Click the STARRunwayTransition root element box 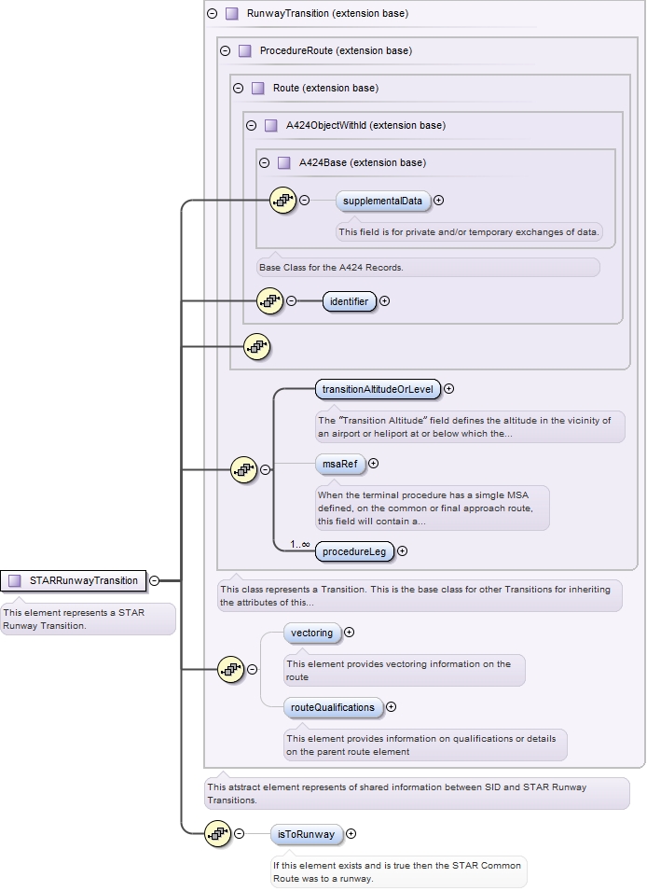(74, 580)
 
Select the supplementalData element (382, 201)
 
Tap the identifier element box (349, 301)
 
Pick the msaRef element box (339, 463)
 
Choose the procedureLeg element (353, 551)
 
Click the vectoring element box (311, 633)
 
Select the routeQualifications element (333, 707)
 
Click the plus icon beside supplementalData (439, 200)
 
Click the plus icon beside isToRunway (351, 834)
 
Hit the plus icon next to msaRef (374, 463)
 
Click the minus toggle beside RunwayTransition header (212, 14)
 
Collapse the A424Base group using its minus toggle (264, 162)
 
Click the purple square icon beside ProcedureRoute (244, 50)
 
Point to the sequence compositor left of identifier (269, 301)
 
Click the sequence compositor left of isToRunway (217, 834)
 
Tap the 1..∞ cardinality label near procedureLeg (299, 544)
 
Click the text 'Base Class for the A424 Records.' (331, 268)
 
